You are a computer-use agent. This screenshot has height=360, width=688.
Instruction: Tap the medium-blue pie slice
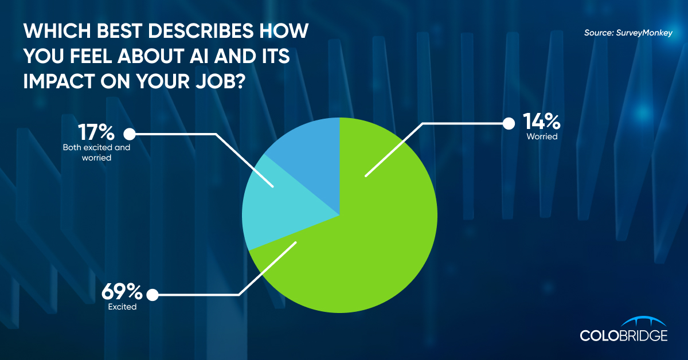pos(313,160)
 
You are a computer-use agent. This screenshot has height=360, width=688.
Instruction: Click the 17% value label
pos(96,132)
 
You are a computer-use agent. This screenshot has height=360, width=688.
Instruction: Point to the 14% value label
pos(541,121)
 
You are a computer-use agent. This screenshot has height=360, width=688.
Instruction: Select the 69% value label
pos(122,291)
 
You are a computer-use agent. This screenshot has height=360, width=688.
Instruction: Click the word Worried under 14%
pos(542,136)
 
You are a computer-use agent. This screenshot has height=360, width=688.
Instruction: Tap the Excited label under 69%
pos(122,307)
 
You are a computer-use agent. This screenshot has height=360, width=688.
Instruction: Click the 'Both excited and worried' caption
pos(96,152)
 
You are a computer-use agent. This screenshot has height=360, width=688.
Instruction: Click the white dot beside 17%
pos(130,134)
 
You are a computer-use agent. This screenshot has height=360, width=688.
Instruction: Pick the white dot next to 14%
pos(509,124)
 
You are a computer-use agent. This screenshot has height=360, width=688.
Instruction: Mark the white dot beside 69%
pos(153,295)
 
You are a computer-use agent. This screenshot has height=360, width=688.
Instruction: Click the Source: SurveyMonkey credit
pos(628,33)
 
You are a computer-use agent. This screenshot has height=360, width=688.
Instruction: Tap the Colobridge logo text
pos(624,335)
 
